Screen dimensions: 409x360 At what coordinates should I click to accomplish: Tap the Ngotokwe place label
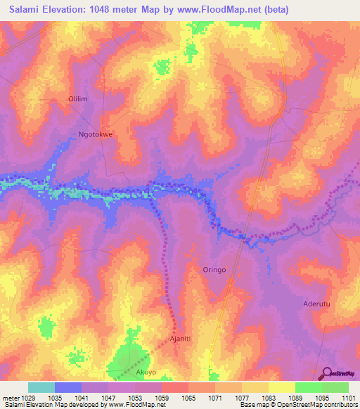coord(95,133)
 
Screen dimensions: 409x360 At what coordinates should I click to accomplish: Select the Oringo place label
coord(214,269)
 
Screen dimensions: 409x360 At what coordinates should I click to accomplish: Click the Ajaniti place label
coord(182,339)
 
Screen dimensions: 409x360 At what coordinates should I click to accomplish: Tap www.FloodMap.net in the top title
coord(220,10)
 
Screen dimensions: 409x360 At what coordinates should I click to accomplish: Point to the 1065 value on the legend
coord(188,397)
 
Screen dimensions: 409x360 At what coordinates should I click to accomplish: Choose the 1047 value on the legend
coord(108,397)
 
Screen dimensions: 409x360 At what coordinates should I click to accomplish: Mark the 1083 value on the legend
coord(268,397)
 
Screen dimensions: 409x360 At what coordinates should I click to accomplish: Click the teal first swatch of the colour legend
coord(41,387)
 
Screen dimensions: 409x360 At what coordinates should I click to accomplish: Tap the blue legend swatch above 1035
coord(68,387)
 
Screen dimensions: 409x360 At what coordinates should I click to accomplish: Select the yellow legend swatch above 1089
coord(281,387)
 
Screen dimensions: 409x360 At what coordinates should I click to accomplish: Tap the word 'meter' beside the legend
coord(10,397)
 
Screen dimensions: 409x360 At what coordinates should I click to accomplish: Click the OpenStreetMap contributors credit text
coord(310,405)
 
